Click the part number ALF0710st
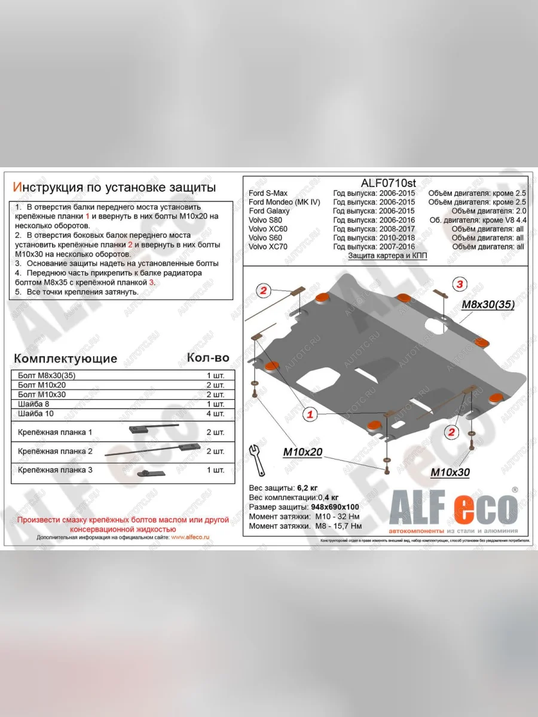[389, 183]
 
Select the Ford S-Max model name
[268, 193]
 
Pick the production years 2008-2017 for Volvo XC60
[374, 229]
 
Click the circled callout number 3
[459, 284]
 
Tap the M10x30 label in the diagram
[450, 473]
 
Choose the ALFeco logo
[453, 510]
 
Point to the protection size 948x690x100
[334, 507]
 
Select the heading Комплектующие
[65, 358]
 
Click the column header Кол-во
[207, 357]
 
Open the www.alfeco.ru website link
[190, 537]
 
